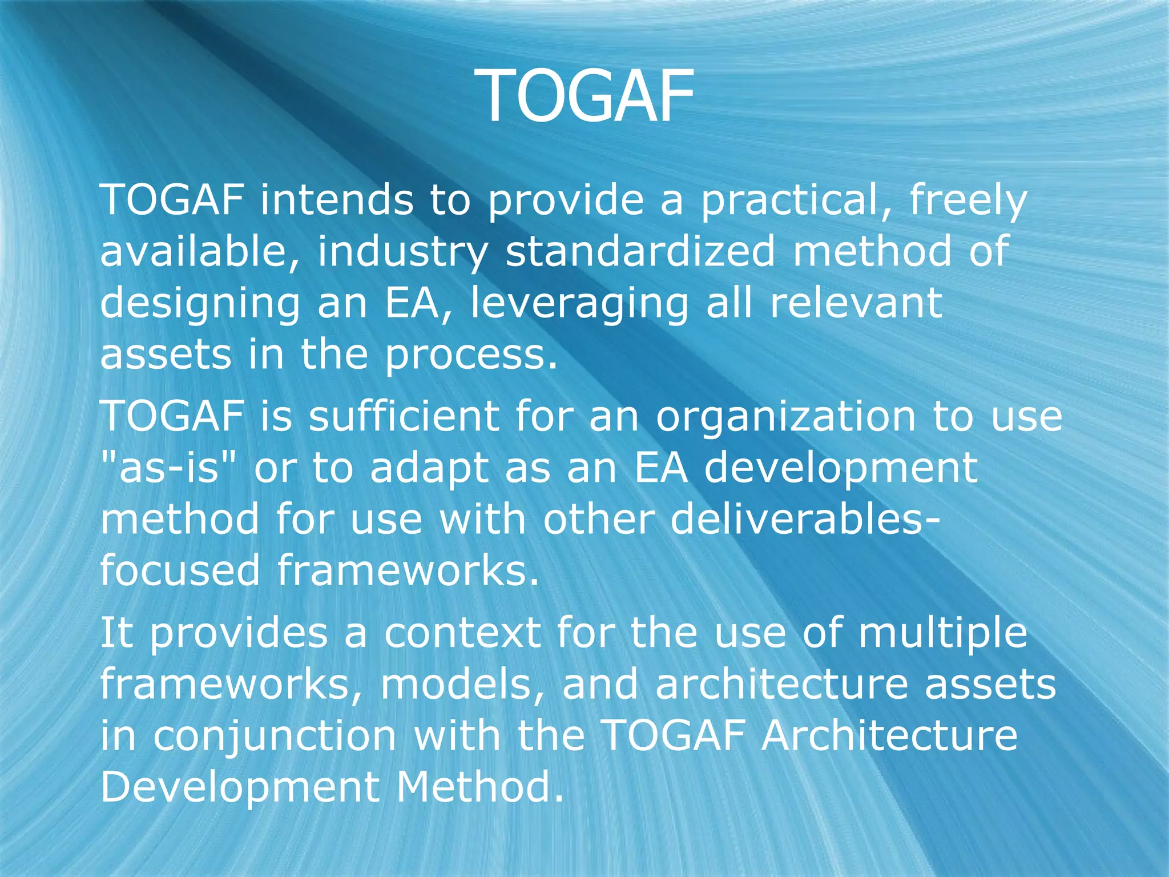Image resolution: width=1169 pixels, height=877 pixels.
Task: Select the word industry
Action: [402, 252]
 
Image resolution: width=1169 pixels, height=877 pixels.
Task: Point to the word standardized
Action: [640, 251]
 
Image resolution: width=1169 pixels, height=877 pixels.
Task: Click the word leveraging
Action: [579, 304]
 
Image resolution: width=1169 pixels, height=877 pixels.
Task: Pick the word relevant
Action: [855, 303]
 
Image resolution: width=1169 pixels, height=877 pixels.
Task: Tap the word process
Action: [470, 355]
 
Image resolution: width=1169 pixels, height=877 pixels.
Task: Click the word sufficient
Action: [403, 416]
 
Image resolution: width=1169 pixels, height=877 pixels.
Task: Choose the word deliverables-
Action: [804, 520]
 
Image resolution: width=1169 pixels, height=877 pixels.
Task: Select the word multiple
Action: [942, 634]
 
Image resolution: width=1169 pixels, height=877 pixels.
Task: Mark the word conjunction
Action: [275, 737]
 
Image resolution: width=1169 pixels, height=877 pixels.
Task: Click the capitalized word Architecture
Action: [889, 735]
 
